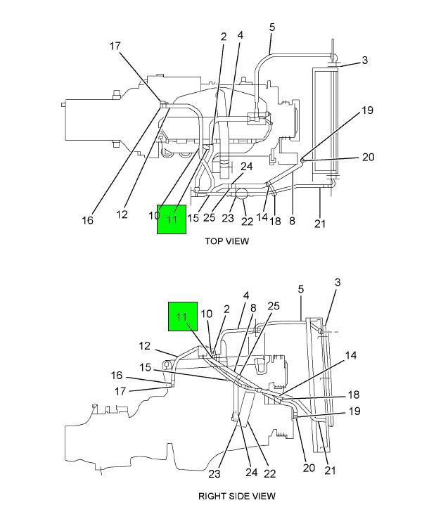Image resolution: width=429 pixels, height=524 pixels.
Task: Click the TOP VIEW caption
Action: pos(226,241)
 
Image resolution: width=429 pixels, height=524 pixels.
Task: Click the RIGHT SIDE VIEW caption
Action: pos(236,496)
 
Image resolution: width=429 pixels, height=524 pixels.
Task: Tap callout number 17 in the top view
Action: pos(115,46)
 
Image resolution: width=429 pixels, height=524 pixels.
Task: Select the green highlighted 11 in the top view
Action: pos(172,219)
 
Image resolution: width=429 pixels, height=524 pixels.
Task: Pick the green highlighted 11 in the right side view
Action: pos(181,317)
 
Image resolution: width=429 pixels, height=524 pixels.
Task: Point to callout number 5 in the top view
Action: pos(272,27)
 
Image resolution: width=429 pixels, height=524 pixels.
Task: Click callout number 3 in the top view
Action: pos(365,61)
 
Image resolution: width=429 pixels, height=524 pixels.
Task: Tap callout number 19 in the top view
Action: pos(367,110)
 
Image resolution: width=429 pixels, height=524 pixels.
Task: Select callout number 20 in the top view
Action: pos(368,158)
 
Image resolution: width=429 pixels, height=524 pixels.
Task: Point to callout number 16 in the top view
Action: pos(87,220)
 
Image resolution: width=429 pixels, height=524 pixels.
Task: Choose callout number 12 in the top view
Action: pos(122,215)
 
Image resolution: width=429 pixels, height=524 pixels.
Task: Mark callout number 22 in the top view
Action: pos(247,222)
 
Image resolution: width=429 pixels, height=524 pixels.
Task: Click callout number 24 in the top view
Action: pos(246,167)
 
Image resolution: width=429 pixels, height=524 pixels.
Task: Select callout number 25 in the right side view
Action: pos(274,305)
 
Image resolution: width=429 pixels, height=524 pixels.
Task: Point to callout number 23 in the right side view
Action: pos(214,474)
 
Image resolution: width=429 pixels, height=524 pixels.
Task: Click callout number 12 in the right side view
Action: pos(144,345)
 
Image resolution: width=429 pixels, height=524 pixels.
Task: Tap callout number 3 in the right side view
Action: pos(338,282)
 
